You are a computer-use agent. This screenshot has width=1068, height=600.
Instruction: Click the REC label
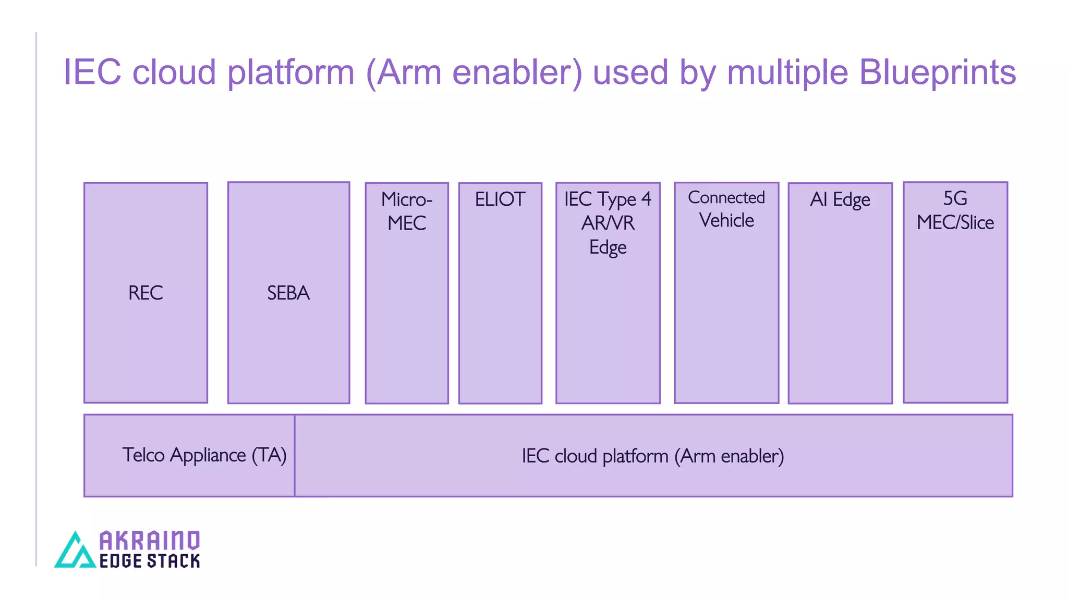click(x=145, y=293)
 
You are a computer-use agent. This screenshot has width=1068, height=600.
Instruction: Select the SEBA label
click(x=288, y=293)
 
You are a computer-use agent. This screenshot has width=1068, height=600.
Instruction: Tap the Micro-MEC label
click(x=407, y=211)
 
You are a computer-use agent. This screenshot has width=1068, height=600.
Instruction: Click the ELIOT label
click(x=500, y=199)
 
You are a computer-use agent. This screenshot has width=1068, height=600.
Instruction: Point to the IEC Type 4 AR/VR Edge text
click(x=608, y=223)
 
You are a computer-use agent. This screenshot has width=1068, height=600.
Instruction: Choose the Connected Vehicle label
click(x=726, y=209)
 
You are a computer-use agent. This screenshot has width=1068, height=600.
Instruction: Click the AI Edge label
click(x=840, y=199)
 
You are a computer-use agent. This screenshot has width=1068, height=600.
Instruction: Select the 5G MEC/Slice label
click(x=955, y=210)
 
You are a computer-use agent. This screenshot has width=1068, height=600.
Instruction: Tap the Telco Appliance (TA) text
click(x=204, y=455)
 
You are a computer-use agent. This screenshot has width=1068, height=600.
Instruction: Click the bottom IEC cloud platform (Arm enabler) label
click(x=653, y=456)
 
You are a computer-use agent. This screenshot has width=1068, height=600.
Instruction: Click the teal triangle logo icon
click(x=76, y=551)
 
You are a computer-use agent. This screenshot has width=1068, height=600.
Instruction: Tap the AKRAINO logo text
click(x=150, y=541)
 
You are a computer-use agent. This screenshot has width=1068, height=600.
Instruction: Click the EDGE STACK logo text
click(x=150, y=561)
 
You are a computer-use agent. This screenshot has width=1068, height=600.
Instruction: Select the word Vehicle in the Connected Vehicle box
click(x=726, y=221)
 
